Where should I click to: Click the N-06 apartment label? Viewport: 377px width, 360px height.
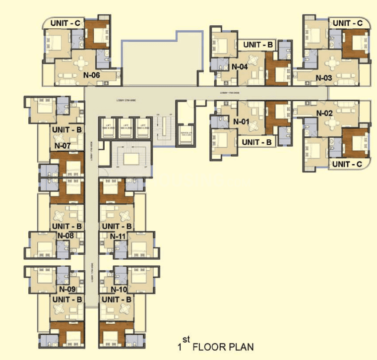click(92, 75)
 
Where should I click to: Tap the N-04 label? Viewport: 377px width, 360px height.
click(240, 66)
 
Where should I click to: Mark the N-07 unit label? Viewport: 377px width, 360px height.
click(63, 146)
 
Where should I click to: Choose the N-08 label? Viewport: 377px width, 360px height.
click(66, 236)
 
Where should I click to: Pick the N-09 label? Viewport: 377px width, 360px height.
click(68, 289)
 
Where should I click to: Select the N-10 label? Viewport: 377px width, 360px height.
click(120, 289)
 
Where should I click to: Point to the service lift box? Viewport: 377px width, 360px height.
click(186, 135)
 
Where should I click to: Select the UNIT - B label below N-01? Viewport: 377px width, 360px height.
click(256, 142)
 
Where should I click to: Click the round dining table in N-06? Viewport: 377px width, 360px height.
click(80, 63)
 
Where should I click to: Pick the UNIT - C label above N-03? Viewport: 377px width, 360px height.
click(347, 23)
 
